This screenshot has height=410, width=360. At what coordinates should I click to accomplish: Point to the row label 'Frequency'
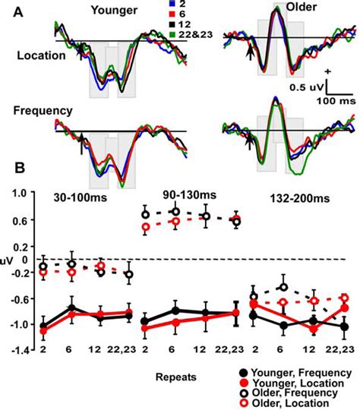pyautogui.click(x=43, y=111)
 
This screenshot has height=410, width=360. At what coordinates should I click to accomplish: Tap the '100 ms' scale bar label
pyautogui.click(x=334, y=99)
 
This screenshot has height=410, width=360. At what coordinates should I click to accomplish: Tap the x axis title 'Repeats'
pyautogui.click(x=181, y=374)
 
